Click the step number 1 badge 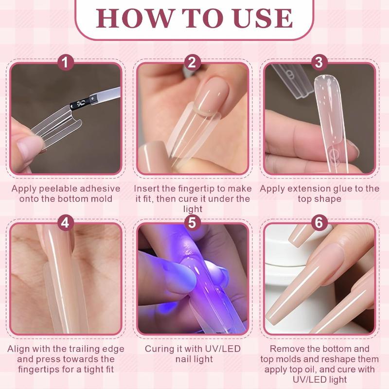(65, 62)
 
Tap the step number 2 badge (192, 62)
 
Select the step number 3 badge (319, 62)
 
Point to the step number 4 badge (65, 223)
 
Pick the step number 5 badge (192, 223)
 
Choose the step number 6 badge (319, 223)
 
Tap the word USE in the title (263, 18)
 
